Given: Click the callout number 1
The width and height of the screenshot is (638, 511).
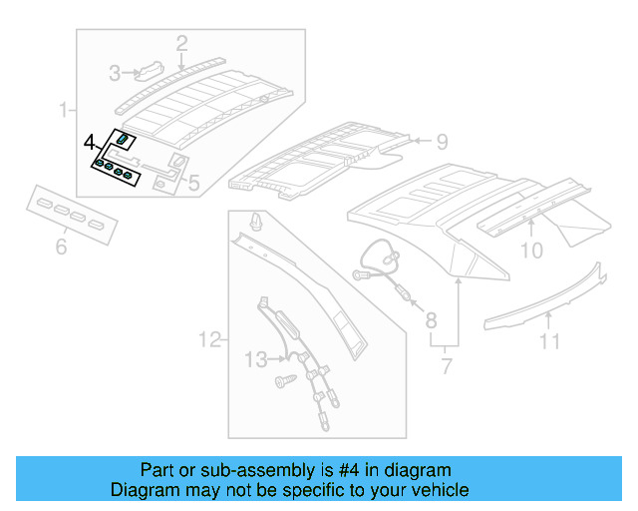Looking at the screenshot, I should (63, 108).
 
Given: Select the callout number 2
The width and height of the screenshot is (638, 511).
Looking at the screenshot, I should (181, 43).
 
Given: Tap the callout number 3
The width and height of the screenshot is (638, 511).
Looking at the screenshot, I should (116, 73).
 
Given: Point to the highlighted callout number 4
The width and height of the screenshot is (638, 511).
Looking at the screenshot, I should (89, 142).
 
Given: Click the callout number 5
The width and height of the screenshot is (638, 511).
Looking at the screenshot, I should (193, 183).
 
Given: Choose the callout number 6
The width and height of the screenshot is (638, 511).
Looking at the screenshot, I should (61, 245).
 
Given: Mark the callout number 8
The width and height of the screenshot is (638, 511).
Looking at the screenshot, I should (431, 320).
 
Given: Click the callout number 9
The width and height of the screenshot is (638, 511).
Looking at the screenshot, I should (443, 141).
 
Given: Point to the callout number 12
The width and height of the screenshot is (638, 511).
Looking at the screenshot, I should (208, 341).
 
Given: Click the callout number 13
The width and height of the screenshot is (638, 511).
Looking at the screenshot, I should (256, 357).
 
